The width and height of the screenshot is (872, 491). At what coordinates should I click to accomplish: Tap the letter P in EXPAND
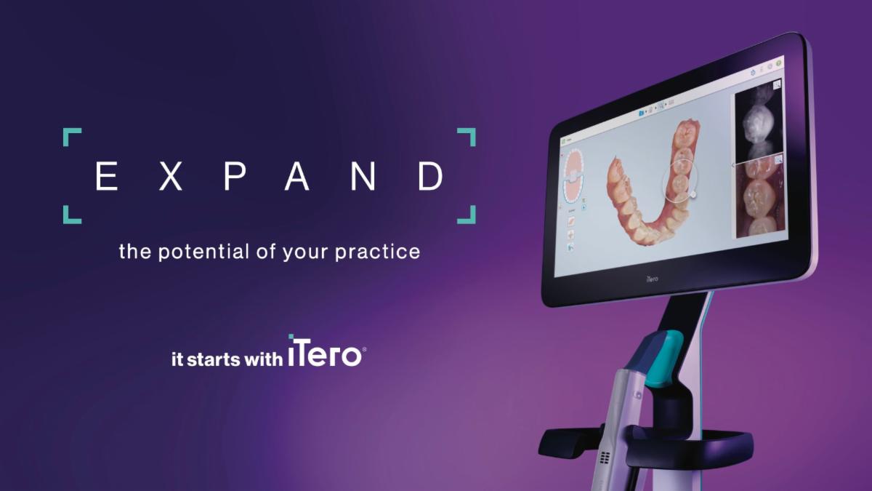point(233,176)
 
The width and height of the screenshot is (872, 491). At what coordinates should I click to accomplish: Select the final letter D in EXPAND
point(430,176)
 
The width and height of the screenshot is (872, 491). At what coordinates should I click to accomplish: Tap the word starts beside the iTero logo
point(212,358)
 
